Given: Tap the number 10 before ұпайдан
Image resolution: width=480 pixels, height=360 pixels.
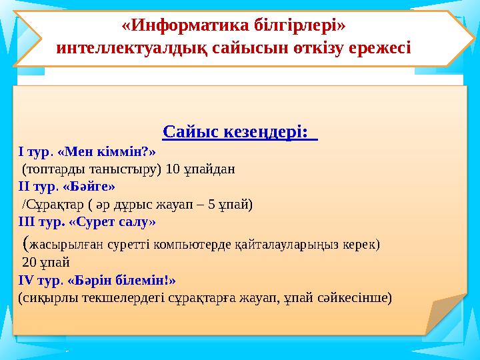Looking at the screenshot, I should tap(173, 169).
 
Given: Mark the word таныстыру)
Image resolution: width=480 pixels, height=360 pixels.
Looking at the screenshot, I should tap(129, 169).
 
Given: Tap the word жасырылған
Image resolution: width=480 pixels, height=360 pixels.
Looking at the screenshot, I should tap(64, 243).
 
